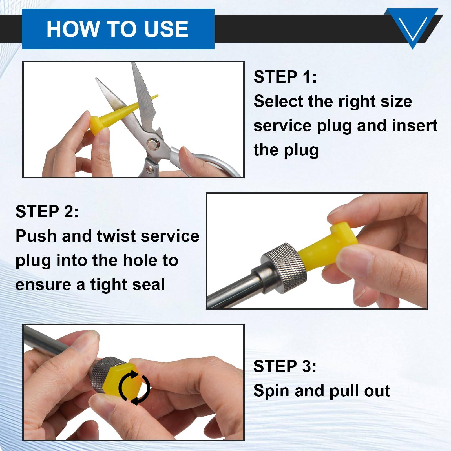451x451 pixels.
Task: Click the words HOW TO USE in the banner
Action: (x=117, y=29)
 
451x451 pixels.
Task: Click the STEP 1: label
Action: (x=285, y=77)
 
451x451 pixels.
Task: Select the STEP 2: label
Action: (x=47, y=211)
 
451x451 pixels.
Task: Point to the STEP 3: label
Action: (x=285, y=366)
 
